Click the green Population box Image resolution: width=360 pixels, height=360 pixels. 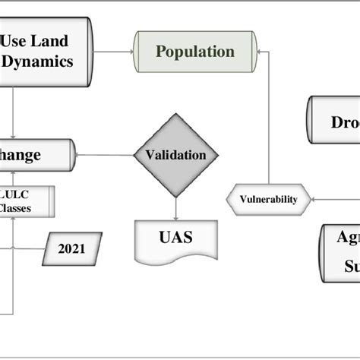coord(195,52)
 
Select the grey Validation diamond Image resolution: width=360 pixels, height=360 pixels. coord(175,156)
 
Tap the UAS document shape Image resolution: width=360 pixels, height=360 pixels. coord(175,238)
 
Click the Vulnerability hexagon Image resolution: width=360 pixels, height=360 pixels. coord(268,200)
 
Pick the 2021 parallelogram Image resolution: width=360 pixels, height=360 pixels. coord(71,248)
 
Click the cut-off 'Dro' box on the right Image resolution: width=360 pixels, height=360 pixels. coord(333,122)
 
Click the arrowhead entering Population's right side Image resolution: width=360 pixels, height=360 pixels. coord(261,52)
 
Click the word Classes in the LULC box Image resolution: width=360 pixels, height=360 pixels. coord(17,207)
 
